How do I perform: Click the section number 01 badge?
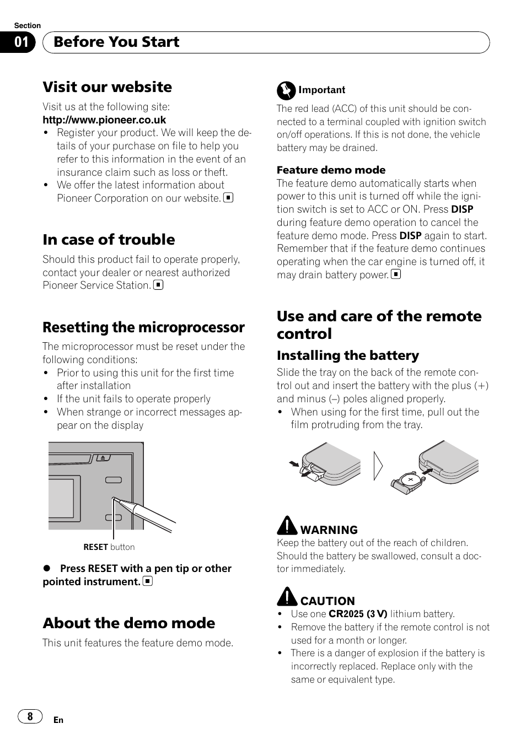[21, 42]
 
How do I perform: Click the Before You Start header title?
[116, 42]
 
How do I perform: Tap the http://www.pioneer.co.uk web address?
[104, 120]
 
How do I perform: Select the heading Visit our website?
[107, 87]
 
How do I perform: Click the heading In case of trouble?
[109, 239]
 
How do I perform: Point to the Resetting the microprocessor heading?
[143, 327]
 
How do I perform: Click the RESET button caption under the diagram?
[109, 547]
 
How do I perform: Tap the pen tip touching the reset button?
[115, 500]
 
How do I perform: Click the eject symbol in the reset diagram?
[103, 457]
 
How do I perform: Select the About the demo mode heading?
[128, 623]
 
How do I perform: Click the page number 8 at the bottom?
[30, 716]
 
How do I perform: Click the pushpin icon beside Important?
[286, 90]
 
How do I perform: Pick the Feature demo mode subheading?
[331, 170]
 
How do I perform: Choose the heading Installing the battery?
[347, 355]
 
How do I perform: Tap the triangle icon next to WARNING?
[287, 526]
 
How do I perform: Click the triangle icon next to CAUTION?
[287, 597]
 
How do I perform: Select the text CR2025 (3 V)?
[358, 614]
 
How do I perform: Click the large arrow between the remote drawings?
[378, 466]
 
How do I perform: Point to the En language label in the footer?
[58, 720]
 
